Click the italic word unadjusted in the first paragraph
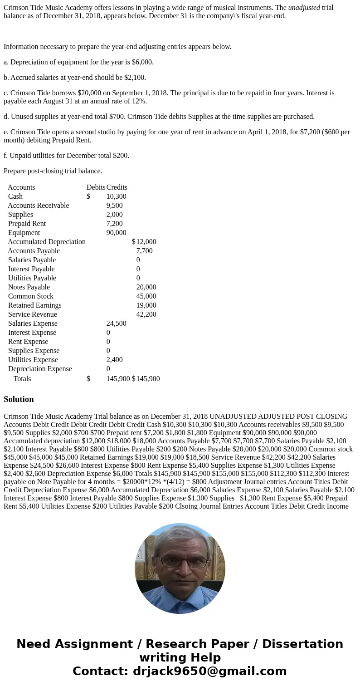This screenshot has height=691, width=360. click(304, 8)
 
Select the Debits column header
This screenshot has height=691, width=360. click(96, 187)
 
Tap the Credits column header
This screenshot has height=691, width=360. click(117, 187)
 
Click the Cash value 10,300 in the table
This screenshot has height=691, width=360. click(116, 196)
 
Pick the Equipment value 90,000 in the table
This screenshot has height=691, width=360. click(116, 233)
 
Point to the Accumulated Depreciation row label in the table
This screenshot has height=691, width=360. click(47, 242)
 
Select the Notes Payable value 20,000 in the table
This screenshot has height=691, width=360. click(146, 287)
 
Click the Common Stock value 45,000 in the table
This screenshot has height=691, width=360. click(146, 296)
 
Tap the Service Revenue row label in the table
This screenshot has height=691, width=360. click(33, 314)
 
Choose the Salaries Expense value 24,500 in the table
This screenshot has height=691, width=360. click(116, 323)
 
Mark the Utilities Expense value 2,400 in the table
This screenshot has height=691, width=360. click(114, 360)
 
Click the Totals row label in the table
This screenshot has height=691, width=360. click(22, 379)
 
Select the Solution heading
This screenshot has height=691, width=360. click(19, 399)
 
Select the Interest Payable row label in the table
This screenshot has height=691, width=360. click(31, 269)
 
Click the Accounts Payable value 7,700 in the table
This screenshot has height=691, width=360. click(144, 251)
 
